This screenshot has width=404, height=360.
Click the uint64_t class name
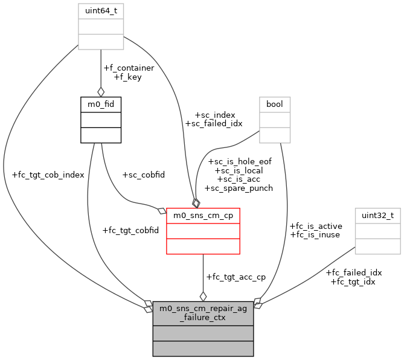coord(101,11)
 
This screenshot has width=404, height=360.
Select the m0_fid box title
coord(101,104)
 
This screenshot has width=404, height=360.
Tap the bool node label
coord(275,104)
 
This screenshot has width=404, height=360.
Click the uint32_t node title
coord(377,216)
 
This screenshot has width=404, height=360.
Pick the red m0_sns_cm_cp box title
coord(203,216)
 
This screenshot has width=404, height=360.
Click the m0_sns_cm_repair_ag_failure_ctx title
coord(203,313)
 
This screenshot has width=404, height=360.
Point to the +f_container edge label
coord(129,68)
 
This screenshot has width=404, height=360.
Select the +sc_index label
coord(214,115)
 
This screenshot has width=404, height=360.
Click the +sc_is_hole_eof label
coord(240,162)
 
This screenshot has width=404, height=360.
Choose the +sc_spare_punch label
coord(239,188)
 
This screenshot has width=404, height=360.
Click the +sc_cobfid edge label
coord(143,175)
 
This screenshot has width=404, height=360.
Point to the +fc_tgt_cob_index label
coord(48,175)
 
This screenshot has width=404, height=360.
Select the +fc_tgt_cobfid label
coord(131,230)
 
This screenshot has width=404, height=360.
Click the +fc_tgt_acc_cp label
coord(236,277)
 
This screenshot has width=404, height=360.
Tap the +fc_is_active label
coord(316,226)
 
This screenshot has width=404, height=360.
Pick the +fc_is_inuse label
coord(315,234)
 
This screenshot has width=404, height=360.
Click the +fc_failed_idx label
coord(354,272)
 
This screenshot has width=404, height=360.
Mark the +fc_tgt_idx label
coord(353,281)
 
